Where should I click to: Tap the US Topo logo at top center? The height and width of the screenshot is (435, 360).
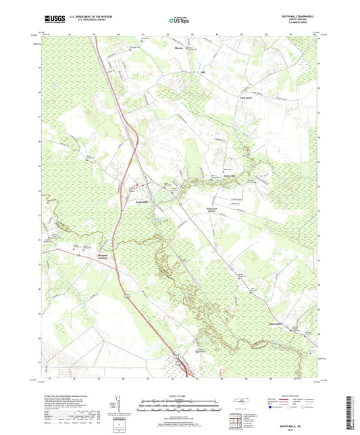179,21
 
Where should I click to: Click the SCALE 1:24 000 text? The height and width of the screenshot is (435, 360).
179,395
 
